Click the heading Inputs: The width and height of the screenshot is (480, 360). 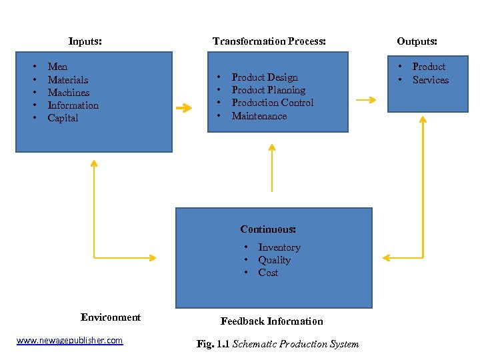click(x=85, y=41)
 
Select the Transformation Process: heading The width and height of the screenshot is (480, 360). click(x=269, y=41)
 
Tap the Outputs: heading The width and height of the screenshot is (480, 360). click(x=417, y=41)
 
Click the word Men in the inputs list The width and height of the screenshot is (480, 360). click(x=57, y=67)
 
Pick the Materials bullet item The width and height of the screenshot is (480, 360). click(x=68, y=80)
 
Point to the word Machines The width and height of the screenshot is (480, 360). click(x=69, y=93)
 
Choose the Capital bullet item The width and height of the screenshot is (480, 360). click(x=63, y=118)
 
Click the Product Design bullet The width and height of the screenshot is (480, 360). click(x=265, y=77)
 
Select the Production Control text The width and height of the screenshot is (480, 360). click(x=272, y=103)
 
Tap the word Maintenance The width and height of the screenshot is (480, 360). click(x=259, y=116)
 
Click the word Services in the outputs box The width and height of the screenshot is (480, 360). click(x=431, y=80)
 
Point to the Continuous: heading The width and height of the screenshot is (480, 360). click(x=268, y=229)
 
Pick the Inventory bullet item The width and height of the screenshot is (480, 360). click(x=279, y=247)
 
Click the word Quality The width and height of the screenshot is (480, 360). click(x=274, y=260)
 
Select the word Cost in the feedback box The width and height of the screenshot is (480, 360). click(x=268, y=273)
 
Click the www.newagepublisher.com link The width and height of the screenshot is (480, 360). click(x=69, y=341)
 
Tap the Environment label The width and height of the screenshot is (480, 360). click(x=111, y=317)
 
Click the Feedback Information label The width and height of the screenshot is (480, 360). click(x=272, y=321)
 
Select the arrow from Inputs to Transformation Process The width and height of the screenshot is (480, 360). click(x=183, y=107)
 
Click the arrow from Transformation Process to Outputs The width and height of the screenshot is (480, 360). click(x=365, y=100)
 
